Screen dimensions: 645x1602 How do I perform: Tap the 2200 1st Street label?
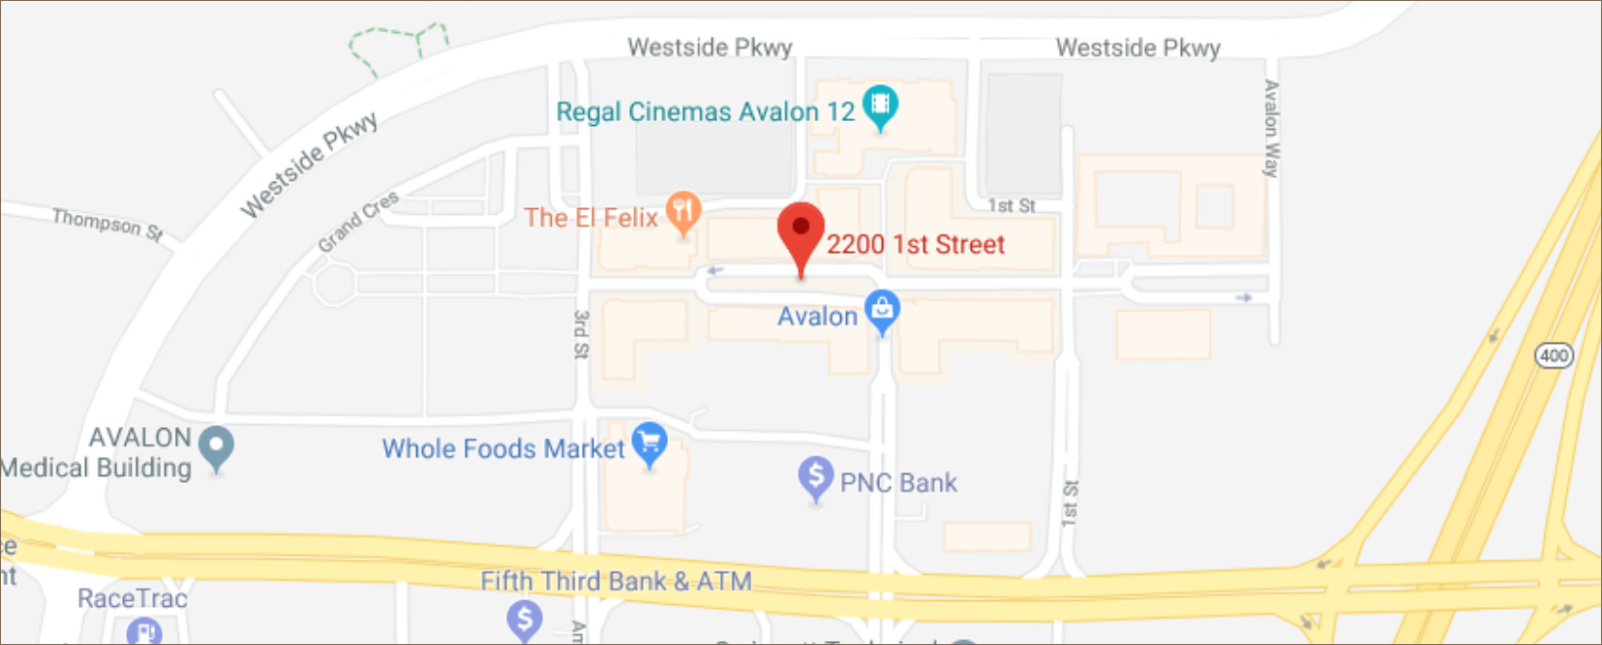[x=915, y=244]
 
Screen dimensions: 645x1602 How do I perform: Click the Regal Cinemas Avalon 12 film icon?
[x=880, y=105]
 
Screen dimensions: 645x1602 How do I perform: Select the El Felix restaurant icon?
[x=683, y=210]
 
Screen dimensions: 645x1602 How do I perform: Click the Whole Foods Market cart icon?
[x=650, y=443]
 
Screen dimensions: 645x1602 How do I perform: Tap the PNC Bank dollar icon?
[x=816, y=477]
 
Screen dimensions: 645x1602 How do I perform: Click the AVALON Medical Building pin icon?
[x=216, y=448]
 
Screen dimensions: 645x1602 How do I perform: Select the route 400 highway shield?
[x=1553, y=355]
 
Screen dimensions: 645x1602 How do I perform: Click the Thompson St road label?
[x=107, y=224]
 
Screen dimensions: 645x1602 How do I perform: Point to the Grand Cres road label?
[x=358, y=221]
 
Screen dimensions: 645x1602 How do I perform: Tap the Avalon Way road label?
[x=1271, y=128]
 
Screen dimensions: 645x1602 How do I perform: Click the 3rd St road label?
[x=581, y=334]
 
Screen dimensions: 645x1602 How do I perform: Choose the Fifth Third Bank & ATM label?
[x=615, y=581]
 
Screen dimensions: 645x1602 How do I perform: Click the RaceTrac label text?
[x=132, y=598]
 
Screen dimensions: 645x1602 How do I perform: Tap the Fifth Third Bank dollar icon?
[x=525, y=618]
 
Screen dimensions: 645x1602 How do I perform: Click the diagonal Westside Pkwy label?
[x=309, y=165]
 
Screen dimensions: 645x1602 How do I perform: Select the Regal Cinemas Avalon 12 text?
[x=705, y=112]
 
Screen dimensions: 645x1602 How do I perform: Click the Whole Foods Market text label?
[x=502, y=449]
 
